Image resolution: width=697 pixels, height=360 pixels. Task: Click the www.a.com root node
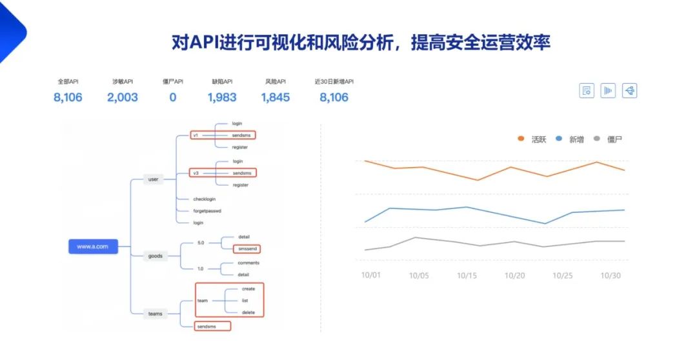93,246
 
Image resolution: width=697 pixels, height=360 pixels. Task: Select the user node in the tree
153,179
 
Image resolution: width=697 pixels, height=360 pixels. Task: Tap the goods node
156,256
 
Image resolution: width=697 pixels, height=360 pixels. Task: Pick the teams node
156,314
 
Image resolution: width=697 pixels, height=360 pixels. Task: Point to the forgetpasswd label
208,211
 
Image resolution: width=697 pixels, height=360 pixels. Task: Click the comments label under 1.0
248,263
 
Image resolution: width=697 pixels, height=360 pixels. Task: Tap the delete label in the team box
248,313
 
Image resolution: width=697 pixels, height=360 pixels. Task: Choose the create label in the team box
248,289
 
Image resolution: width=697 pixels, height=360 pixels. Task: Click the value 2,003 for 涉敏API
123,97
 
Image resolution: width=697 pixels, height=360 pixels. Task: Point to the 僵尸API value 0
173,97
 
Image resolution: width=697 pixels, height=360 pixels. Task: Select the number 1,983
222,97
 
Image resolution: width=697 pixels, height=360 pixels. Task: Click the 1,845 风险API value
276,97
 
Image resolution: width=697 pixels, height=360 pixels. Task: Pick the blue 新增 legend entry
570,139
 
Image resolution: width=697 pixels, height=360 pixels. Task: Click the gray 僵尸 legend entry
608,139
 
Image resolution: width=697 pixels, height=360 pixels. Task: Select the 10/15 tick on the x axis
467,275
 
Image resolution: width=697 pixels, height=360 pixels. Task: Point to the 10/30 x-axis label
611,275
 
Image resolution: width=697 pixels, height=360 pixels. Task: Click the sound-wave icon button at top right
608,91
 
